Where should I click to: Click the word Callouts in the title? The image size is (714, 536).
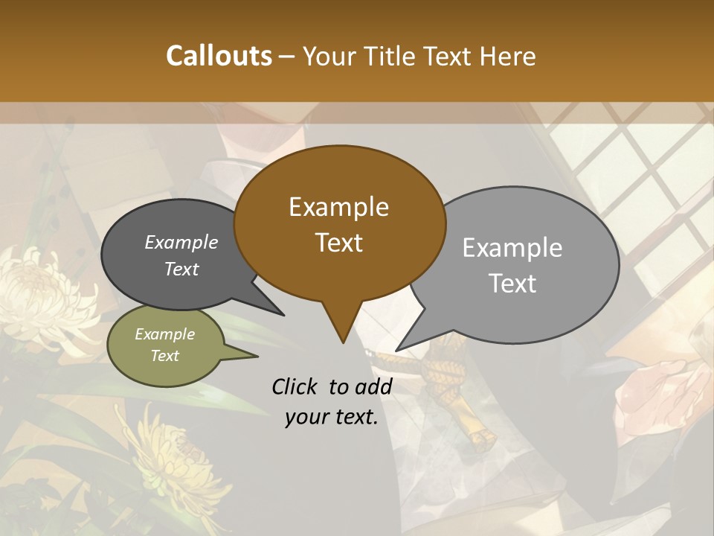pos(219,57)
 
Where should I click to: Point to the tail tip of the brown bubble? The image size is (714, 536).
pos(342,342)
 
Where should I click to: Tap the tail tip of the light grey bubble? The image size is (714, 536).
pos(397,349)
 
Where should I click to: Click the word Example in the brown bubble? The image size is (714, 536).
pos(338,207)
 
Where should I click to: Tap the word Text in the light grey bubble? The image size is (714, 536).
pos(513,284)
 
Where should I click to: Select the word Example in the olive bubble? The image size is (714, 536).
pos(164,334)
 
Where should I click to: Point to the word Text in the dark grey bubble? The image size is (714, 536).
pos(181,269)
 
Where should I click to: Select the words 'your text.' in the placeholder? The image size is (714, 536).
pos(332,417)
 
